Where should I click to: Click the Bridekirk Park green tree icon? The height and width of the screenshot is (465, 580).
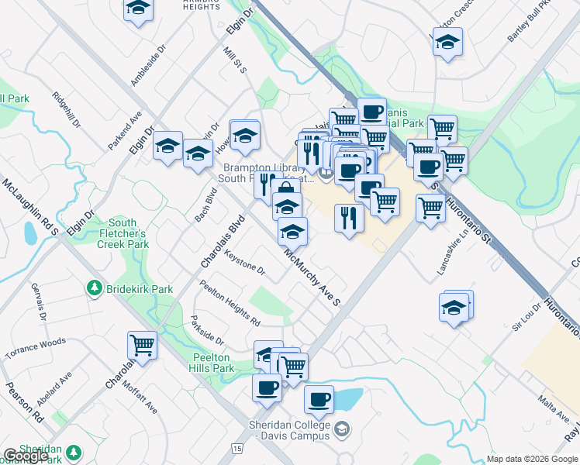94,289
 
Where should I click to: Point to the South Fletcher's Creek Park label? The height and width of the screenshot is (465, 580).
122,232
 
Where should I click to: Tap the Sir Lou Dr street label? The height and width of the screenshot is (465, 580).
525,317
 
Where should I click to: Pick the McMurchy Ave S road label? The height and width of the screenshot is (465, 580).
312,277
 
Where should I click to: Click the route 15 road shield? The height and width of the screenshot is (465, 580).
236,449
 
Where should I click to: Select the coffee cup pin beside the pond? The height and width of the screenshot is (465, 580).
319,400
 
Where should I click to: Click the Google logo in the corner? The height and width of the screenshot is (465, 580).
26,456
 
